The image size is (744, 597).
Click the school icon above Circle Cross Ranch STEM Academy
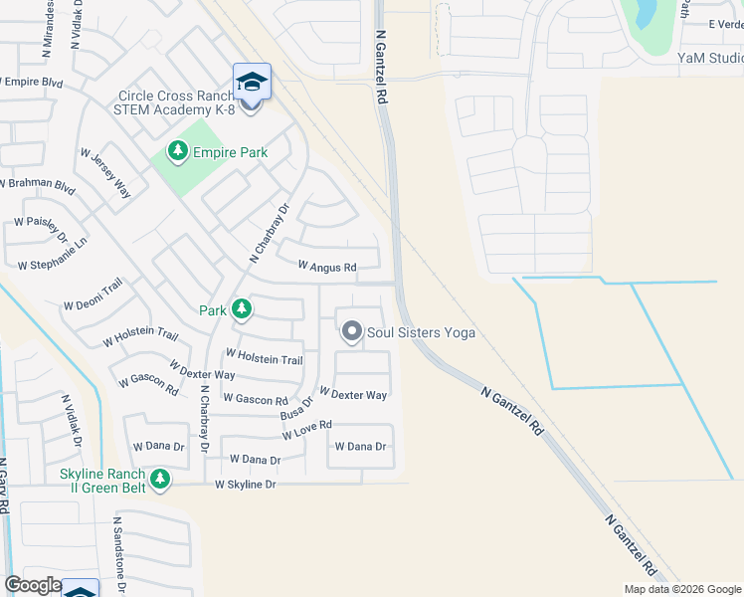coord(252,81)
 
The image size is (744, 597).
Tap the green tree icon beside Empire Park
coord(178,151)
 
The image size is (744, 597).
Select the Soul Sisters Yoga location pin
coord(351,331)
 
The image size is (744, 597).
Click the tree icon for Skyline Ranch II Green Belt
coord(159,481)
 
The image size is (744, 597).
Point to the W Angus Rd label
coord(327,267)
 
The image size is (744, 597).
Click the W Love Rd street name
coord(306,430)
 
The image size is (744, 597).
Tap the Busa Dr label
coord(296,406)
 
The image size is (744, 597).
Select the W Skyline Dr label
coord(245,485)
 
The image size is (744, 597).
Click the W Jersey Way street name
coord(105,172)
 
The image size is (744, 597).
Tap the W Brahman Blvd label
coord(37,185)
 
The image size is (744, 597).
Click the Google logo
coord(33,585)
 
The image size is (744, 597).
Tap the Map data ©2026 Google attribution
coord(682,588)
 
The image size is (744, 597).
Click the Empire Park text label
coord(230,152)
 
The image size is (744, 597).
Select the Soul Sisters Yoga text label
coord(421,332)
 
